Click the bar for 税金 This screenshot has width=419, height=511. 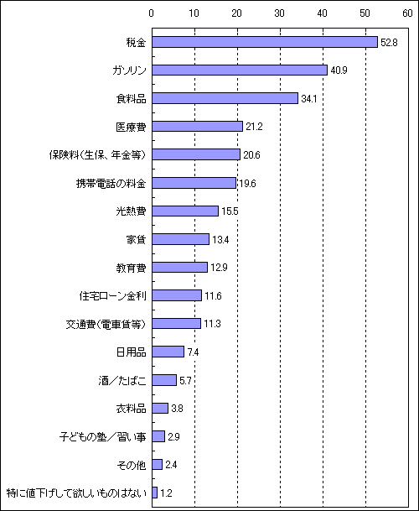(x=265, y=42)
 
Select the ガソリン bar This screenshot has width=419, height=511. (x=240, y=70)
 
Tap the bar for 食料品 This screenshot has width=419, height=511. (x=225, y=98)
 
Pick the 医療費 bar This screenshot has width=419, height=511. (x=197, y=126)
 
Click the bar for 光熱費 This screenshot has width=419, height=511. (x=185, y=211)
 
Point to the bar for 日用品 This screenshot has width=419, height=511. (x=168, y=352)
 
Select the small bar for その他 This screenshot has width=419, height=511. (x=158, y=464)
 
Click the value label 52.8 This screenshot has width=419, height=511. (x=389, y=43)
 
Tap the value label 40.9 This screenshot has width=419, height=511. (x=339, y=70)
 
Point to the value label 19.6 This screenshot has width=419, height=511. (x=247, y=184)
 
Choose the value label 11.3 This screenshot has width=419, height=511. (x=212, y=324)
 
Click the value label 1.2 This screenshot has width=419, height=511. (x=166, y=493)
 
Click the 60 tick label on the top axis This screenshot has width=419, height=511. (x=407, y=13)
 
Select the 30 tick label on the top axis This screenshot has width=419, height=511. (x=279, y=13)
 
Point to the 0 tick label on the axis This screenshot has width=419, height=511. (x=152, y=13)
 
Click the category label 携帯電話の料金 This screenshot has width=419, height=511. (x=111, y=184)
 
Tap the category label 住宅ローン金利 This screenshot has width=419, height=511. (x=112, y=296)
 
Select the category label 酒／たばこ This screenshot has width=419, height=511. (x=122, y=380)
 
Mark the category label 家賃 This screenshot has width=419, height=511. (x=136, y=239)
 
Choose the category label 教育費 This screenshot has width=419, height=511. (x=132, y=268)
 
